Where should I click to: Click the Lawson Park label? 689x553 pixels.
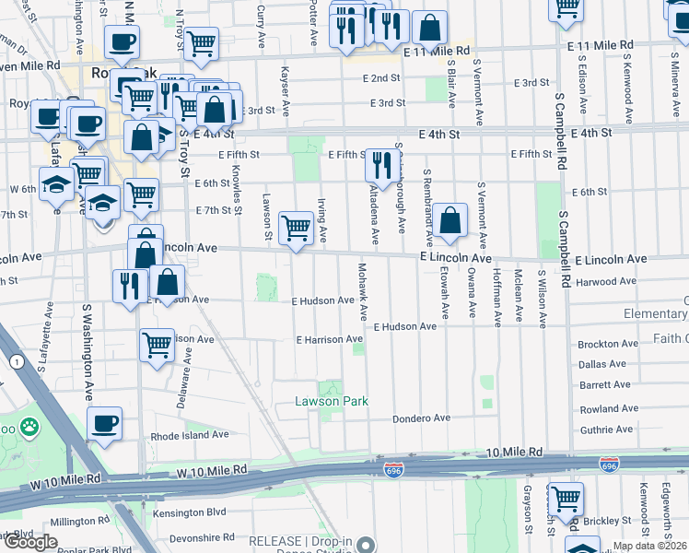(332, 401)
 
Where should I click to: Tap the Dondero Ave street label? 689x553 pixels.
(421, 418)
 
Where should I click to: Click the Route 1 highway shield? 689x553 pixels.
(17, 361)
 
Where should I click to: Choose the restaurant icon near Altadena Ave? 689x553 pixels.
(379, 165)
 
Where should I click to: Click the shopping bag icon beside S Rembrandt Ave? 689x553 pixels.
(450, 221)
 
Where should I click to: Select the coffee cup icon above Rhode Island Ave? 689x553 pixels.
(105, 423)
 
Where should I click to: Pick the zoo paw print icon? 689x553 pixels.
(30, 427)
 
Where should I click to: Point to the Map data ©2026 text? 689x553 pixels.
(648, 546)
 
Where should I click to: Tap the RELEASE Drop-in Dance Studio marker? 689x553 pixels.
(367, 543)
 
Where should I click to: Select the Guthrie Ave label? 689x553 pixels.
(606, 429)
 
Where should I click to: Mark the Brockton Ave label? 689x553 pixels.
(608, 344)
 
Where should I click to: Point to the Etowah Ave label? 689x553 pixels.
(444, 294)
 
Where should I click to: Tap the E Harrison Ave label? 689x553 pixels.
(329, 339)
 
